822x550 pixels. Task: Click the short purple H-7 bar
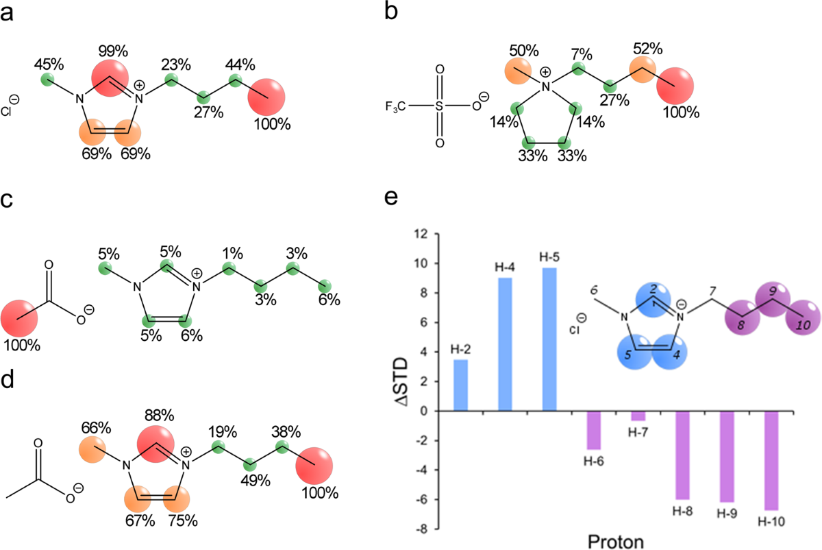tap(638, 416)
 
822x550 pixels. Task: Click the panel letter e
tap(391, 198)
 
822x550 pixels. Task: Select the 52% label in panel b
tap(647, 49)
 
